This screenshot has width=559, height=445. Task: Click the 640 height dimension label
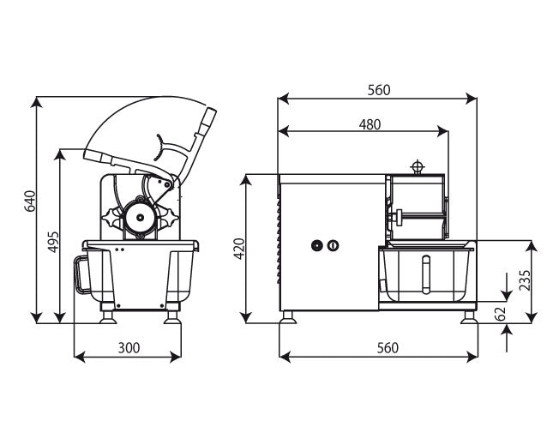pyautogui.click(x=30, y=201)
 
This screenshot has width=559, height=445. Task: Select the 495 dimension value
pyautogui.click(x=53, y=242)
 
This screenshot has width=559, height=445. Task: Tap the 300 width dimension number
pyautogui.click(x=129, y=347)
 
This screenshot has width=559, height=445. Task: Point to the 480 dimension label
pyautogui.click(x=370, y=124)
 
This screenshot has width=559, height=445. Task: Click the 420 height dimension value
pyautogui.click(x=239, y=249)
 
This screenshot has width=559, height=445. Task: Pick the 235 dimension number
pyautogui.click(x=525, y=280)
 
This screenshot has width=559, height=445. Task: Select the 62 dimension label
pyautogui.click(x=501, y=314)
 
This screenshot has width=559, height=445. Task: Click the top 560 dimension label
pyautogui.click(x=379, y=90)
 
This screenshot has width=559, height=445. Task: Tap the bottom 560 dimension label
pyautogui.click(x=388, y=347)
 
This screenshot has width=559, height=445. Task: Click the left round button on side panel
pyautogui.click(x=316, y=245)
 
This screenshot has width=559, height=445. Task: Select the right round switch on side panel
pyautogui.click(x=333, y=245)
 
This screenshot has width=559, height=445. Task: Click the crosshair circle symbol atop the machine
pyautogui.click(x=417, y=166)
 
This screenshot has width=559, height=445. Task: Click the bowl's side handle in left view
pyautogui.click(x=81, y=274)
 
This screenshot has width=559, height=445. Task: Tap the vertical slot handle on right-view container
pyautogui.click(x=426, y=274)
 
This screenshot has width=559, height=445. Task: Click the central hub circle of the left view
pyautogui.click(x=141, y=217)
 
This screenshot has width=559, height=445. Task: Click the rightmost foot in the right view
pyautogui.click(x=469, y=317)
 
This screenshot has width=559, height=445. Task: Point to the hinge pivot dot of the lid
pyautogui.click(x=166, y=184)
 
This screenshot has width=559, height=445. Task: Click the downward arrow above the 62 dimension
pyautogui.click(x=507, y=286)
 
